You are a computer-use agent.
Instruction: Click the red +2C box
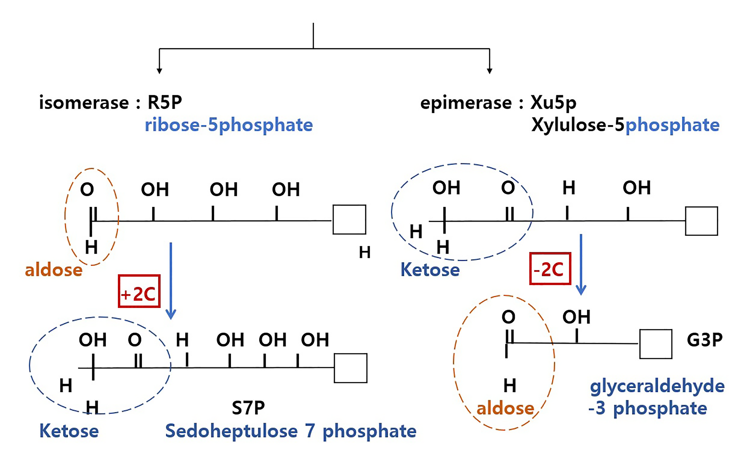[x=139, y=291]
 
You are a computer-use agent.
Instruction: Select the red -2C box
[x=550, y=269]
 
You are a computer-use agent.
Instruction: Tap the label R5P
[x=165, y=103]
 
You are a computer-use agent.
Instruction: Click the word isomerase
[x=84, y=103]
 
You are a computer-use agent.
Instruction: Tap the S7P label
[x=248, y=408]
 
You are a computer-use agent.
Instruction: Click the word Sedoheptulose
[x=231, y=431]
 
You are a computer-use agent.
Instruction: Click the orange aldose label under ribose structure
[x=54, y=270]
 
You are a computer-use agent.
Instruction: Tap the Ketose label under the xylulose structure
[x=430, y=270]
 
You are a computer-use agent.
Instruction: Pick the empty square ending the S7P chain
[x=350, y=368]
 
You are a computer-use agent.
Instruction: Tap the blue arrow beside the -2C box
[x=581, y=264]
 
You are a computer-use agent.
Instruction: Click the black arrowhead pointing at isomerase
[x=159, y=71]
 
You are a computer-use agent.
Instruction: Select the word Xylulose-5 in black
[x=578, y=125]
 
